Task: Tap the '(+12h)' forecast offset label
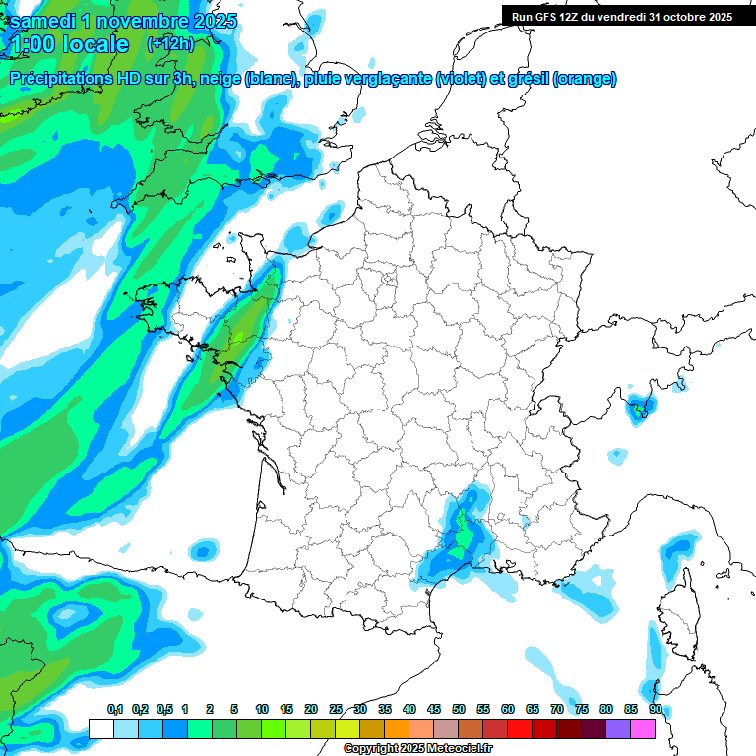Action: (170, 43)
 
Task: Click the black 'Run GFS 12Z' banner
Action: (621, 16)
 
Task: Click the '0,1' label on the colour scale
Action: (115, 709)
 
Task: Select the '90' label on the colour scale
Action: (655, 709)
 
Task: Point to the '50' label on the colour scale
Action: (459, 709)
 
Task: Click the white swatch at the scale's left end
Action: (100, 729)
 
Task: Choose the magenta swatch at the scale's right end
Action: (644, 729)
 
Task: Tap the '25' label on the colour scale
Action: (336, 709)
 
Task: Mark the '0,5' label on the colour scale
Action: (163, 709)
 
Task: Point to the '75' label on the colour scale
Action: (581, 709)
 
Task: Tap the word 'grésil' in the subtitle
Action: (527, 78)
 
